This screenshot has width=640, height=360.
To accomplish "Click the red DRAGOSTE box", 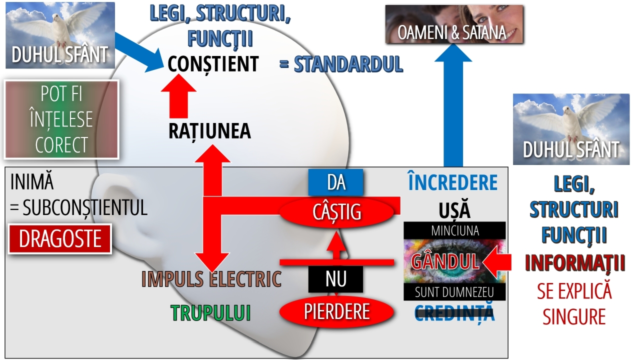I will click(60, 239).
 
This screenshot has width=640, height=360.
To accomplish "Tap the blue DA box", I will click(336, 182).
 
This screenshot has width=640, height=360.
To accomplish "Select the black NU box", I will click(335, 279).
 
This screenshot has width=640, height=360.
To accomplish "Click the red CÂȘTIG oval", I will click(336, 212).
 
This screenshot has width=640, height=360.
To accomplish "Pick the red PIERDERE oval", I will click(336, 312).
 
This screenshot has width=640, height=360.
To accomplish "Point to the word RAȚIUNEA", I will click(209, 131).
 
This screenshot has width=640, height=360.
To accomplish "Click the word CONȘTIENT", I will click(213, 64).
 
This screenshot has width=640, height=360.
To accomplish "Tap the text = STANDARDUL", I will click(341, 64).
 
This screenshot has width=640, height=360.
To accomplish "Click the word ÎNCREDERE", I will click(453, 183).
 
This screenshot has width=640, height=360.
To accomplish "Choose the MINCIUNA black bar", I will click(454, 230).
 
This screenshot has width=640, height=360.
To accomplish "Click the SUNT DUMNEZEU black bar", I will click(454, 292).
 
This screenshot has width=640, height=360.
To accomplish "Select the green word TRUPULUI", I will click(210, 313).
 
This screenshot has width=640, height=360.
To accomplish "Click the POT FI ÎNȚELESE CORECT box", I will click(61, 119).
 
